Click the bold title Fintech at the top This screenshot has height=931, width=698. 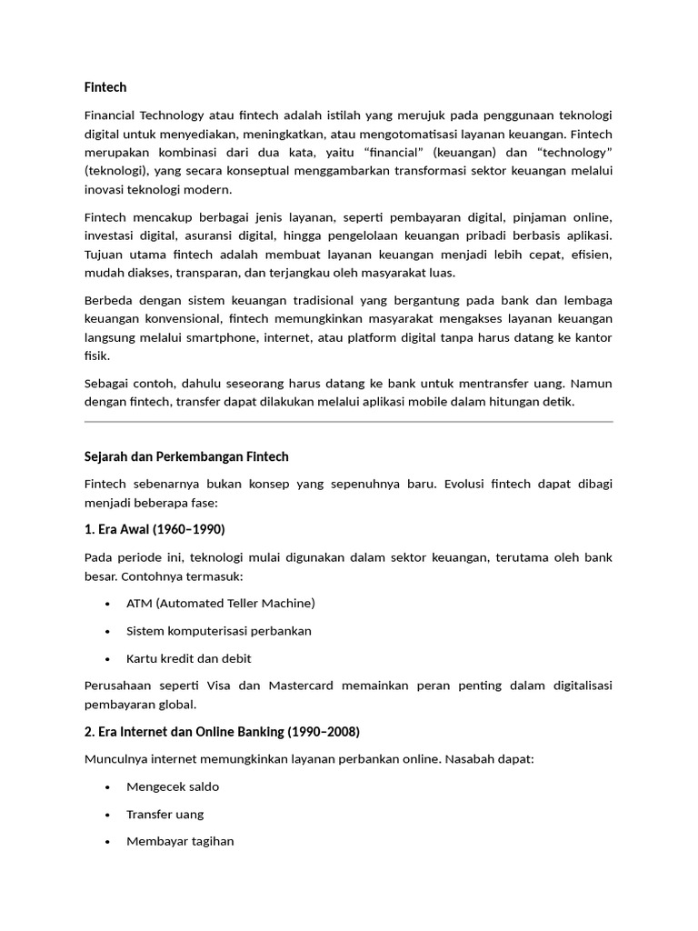(x=105, y=87)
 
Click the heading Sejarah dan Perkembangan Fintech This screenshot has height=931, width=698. (x=186, y=456)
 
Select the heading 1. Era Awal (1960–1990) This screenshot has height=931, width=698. (x=155, y=529)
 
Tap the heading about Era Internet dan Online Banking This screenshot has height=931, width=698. (x=222, y=732)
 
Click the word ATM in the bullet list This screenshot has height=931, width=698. (x=140, y=603)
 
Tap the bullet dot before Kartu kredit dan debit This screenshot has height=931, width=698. (x=108, y=658)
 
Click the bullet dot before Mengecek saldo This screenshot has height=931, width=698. (x=108, y=787)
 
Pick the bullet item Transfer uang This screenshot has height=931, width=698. (x=165, y=814)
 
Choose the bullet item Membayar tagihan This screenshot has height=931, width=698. (x=180, y=841)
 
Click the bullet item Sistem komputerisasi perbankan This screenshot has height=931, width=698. (x=219, y=630)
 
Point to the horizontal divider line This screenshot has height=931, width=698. (x=348, y=422)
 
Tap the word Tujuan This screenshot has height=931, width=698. (x=106, y=254)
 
